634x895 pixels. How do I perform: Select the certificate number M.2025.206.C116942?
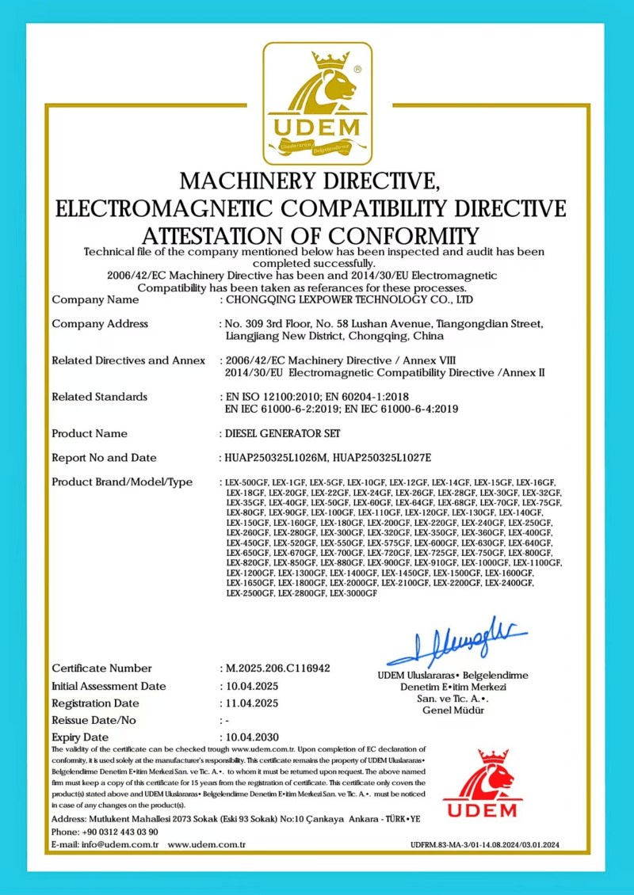tap(278, 668)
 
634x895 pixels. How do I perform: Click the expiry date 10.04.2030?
tap(252, 737)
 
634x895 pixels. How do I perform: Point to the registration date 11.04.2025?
tap(252, 703)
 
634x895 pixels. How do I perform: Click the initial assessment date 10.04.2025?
tap(252, 686)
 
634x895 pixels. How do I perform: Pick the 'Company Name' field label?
tap(95, 299)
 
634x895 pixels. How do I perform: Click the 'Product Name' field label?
tap(90, 433)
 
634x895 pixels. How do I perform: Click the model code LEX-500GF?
tap(246, 482)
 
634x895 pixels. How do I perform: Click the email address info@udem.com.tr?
tap(124, 845)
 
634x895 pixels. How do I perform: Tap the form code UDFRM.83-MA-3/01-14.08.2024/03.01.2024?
tap(485, 846)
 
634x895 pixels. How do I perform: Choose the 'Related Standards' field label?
tap(99, 396)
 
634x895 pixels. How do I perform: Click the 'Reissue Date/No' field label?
tap(94, 720)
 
